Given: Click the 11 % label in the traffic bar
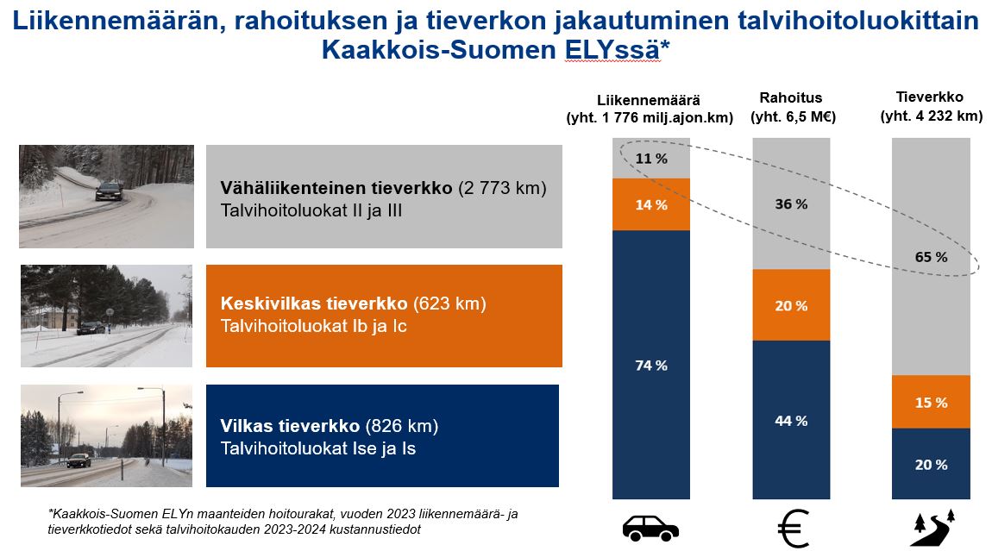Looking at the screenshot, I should [x=650, y=159].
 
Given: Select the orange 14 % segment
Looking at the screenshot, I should [x=650, y=205].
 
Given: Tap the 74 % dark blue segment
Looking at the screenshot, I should [x=650, y=366].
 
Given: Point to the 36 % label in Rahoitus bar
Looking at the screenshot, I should [x=790, y=204].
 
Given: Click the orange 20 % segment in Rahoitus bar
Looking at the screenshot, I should [x=790, y=306].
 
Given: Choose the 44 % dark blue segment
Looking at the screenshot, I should [x=790, y=421].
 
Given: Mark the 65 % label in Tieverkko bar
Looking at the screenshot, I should [x=930, y=257].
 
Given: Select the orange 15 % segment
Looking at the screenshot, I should [x=930, y=403].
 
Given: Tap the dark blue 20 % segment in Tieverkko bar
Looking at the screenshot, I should [x=930, y=465].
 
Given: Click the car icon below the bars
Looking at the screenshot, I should [x=650, y=528].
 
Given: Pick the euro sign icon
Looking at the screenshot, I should [x=793, y=529].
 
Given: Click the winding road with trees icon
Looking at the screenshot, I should [x=932, y=528].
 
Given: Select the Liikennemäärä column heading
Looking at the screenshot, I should [x=650, y=98].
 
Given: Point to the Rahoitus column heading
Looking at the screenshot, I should [x=791, y=97].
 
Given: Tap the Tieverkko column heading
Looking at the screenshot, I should [x=930, y=97].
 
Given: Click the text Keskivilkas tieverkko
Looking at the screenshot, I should [x=314, y=304].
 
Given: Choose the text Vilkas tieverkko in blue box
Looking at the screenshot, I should [x=292, y=426].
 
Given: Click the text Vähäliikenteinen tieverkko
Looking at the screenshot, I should [x=336, y=188].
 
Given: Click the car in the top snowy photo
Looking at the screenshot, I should [x=109, y=191].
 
